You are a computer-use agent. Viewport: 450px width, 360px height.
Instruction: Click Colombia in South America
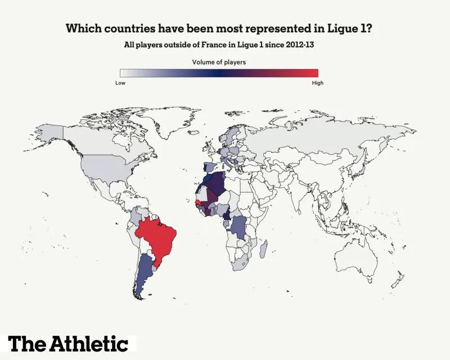137,217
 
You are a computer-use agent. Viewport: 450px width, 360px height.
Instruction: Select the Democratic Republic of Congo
238,227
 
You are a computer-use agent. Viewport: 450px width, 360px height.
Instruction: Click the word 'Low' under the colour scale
120,83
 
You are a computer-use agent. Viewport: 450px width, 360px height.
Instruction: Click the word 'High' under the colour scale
317,83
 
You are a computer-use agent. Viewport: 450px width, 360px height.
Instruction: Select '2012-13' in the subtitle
298,44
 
